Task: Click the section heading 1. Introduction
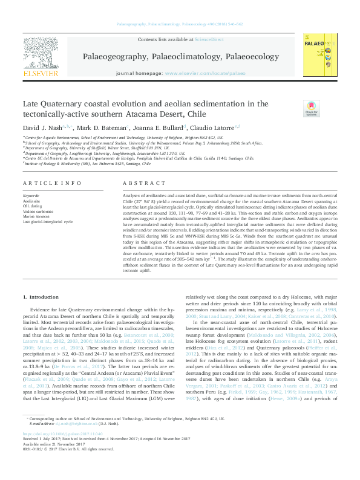[41, 297]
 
